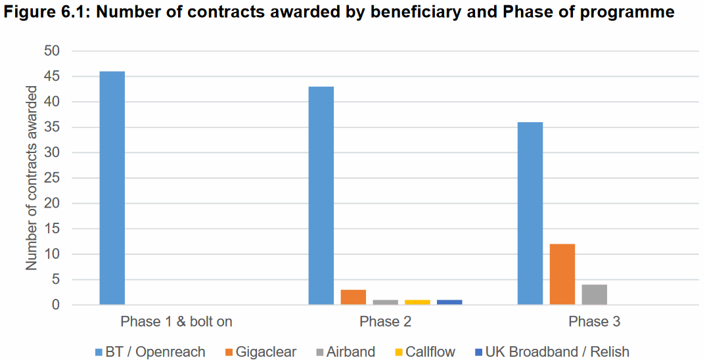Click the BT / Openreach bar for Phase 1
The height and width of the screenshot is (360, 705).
point(112,188)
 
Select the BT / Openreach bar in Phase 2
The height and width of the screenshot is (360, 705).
point(321,196)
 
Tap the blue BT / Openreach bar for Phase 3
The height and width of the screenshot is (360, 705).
point(530,214)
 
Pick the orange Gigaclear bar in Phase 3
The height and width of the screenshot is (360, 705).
point(562,275)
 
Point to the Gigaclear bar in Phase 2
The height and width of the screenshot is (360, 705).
point(353,297)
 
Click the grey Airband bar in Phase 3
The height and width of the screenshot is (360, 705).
point(595,295)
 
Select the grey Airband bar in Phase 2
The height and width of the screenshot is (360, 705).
point(386,302)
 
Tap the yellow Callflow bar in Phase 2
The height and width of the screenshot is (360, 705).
point(418,302)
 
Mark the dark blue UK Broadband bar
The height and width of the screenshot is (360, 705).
point(450,302)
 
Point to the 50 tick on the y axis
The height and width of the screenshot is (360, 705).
point(52,51)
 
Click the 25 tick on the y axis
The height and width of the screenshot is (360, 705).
point(52,178)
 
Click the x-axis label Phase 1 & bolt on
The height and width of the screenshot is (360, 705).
point(176,322)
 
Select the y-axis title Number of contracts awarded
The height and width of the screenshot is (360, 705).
point(32,178)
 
